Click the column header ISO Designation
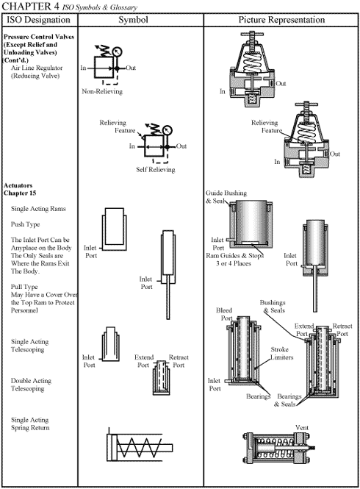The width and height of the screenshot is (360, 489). coord(37,18)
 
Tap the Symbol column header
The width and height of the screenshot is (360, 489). coord(138,18)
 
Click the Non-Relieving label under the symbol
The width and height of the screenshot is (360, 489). coord(102,92)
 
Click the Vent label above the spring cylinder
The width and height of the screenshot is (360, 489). coord(302,427)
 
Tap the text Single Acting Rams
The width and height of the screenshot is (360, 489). coord(37,209)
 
